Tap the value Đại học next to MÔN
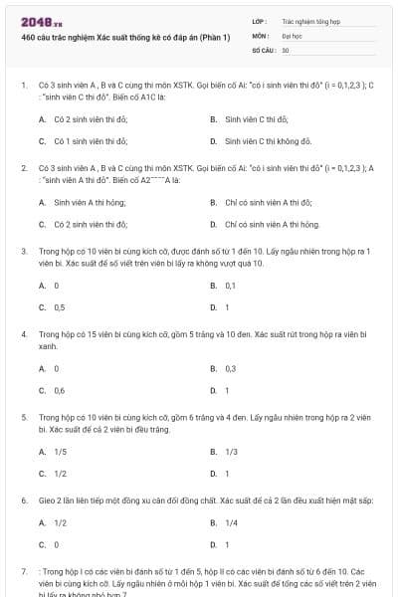pyautogui.click(x=292, y=35)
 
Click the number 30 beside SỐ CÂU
pyautogui.click(x=286, y=49)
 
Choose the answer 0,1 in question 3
pyautogui.click(x=230, y=286)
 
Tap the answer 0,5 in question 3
pyautogui.click(x=59, y=307)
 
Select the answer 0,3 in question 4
pyautogui.click(x=230, y=368)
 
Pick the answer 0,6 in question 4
pyautogui.click(x=59, y=390)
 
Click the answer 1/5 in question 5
pyautogui.click(x=60, y=452)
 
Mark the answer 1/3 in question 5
pyautogui.click(x=231, y=452)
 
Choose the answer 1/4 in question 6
pyautogui.click(x=231, y=522)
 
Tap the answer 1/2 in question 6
pyautogui.click(x=60, y=522)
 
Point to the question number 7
pyautogui.click(x=23, y=572)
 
